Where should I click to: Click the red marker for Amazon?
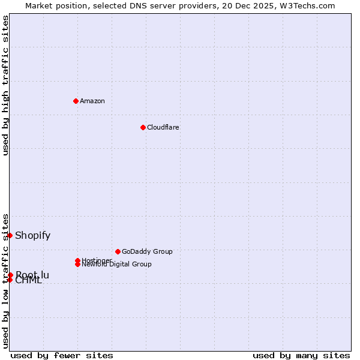pos(76,101)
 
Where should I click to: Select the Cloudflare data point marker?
pos(143,127)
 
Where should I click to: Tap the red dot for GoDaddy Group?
pos(118,251)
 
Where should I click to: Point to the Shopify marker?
pos(10,235)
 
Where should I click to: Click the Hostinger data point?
pos(78,260)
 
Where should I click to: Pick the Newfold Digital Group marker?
pos(78,264)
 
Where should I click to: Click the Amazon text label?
pos(92,101)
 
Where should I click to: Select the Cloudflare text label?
pos(163,127)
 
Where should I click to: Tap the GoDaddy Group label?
pos(147,251)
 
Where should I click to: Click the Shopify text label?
pos(33,235)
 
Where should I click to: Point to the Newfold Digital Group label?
pos(117,265)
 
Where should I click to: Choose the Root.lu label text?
pos(32,275)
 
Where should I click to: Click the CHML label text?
pos(29,280)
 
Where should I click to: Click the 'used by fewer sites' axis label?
pos(62,355)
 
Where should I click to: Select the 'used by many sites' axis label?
pos(301,355)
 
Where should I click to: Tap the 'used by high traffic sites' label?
pos(5,85)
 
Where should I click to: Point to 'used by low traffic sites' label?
pos(5,280)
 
